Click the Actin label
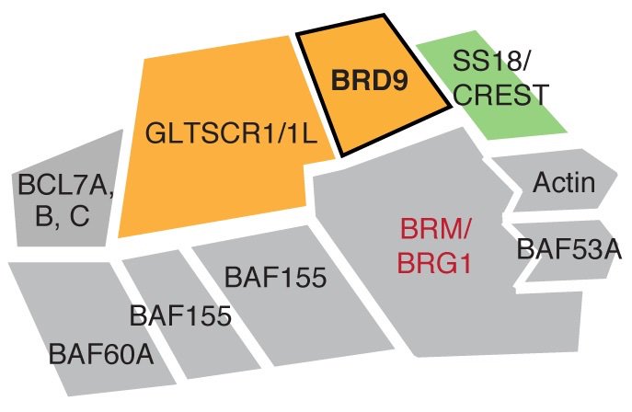point(564,182)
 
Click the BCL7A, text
point(65,187)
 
